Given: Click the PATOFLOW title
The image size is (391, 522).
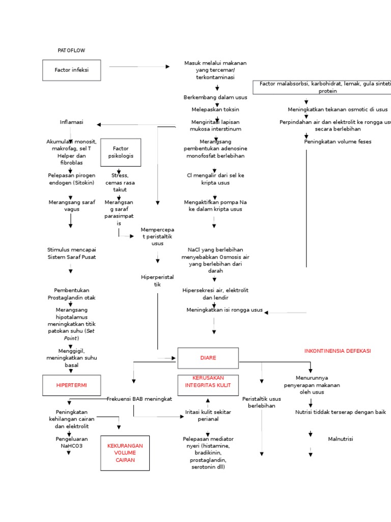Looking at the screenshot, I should tap(71, 50).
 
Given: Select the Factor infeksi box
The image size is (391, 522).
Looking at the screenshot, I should tap(71, 70).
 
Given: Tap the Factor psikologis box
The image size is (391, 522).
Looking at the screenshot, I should tap(121, 152).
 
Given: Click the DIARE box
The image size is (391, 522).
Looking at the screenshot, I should tap(208, 358).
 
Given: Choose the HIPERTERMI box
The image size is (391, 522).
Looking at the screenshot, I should tap(71, 385).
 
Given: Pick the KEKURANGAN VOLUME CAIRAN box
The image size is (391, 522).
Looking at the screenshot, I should tap(125, 453).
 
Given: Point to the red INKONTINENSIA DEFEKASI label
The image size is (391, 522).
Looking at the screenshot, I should tap(337, 351).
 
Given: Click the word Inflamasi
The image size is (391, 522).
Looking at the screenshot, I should tap(71, 122).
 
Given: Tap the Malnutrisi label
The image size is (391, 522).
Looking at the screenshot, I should tap(341, 439).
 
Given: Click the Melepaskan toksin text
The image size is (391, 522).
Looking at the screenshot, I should tap(215, 110).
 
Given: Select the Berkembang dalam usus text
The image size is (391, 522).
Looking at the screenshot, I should tap(215, 97).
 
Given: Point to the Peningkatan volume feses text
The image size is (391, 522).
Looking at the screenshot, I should tap(338, 142).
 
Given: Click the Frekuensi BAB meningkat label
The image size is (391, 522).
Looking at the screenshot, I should tap(139, 399).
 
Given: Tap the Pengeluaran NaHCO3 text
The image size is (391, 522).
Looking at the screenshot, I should tap(71, 442).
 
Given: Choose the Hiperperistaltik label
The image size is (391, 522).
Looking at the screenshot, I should tap(157, 281).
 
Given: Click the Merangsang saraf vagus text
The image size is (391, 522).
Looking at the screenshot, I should tap(71, 206).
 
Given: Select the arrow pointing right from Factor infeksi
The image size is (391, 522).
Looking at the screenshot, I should tap(139, 66).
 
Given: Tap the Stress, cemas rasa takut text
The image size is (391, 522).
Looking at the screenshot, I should tap(120, 182).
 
